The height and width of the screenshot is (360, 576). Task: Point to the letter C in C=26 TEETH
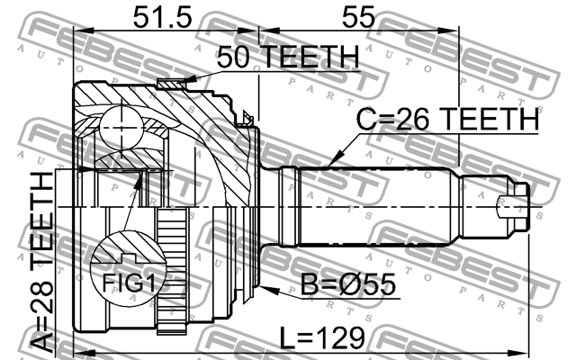point(368,119)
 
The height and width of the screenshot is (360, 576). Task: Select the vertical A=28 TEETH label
point(42,261)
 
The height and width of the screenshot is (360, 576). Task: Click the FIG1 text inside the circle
point(127,283)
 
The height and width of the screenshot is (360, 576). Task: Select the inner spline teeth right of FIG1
point(172,256)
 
